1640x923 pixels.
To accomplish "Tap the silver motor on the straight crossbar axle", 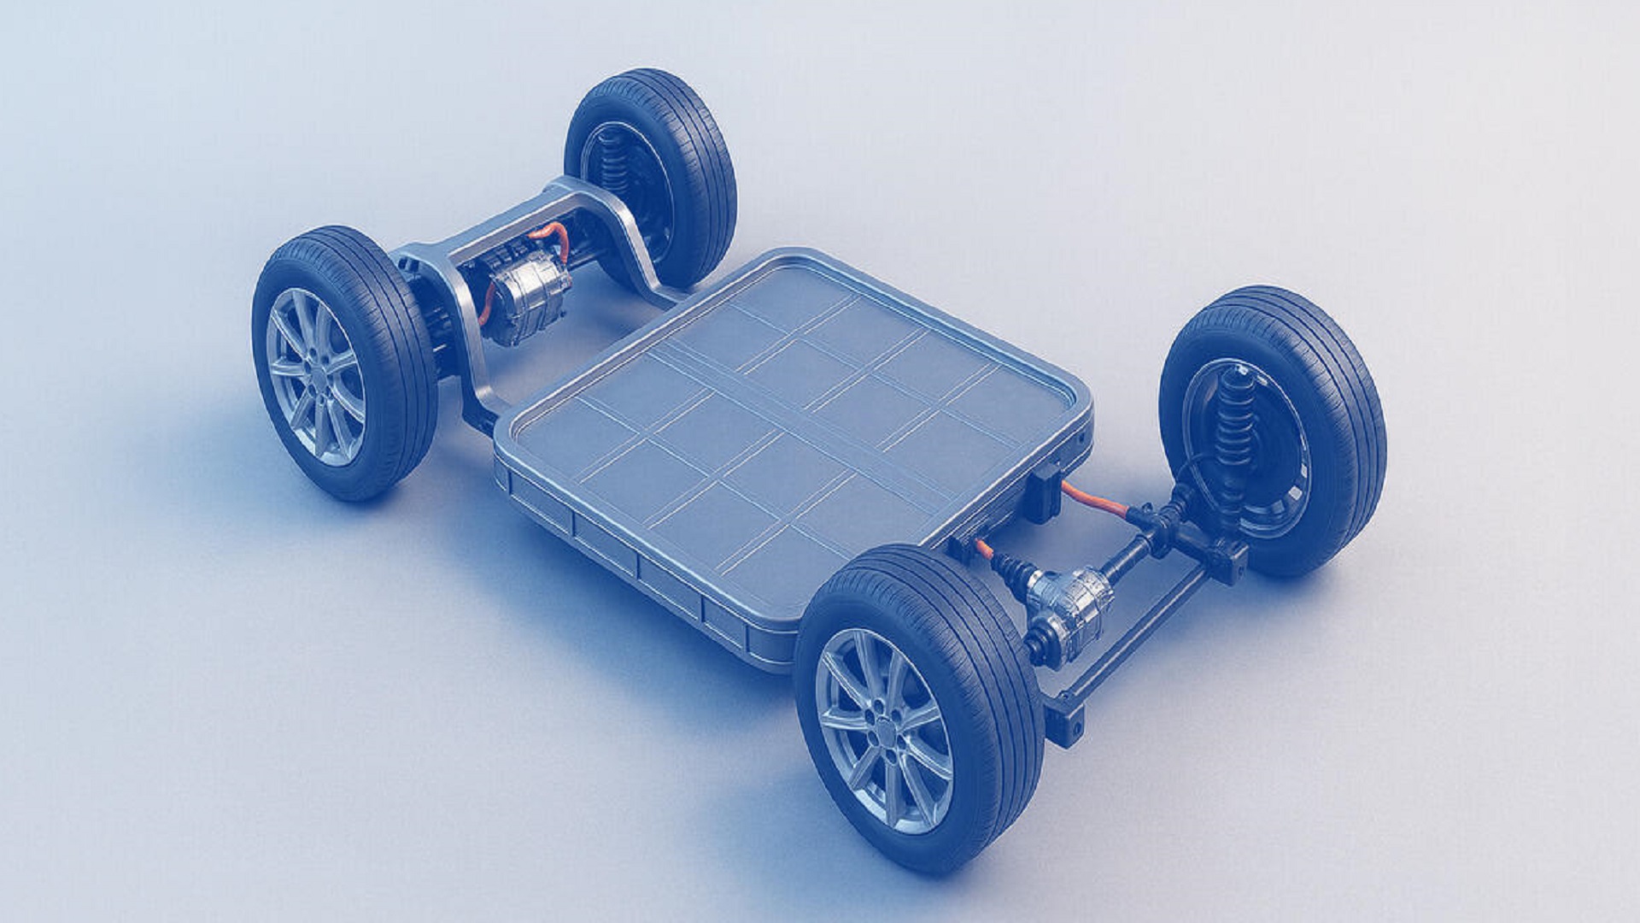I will [1068, 598].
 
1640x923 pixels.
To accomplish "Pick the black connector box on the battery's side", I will [1044, 493].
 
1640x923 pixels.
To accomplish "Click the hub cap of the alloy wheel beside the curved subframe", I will [317, 377].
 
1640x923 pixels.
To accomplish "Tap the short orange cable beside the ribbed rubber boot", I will [983, 547].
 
